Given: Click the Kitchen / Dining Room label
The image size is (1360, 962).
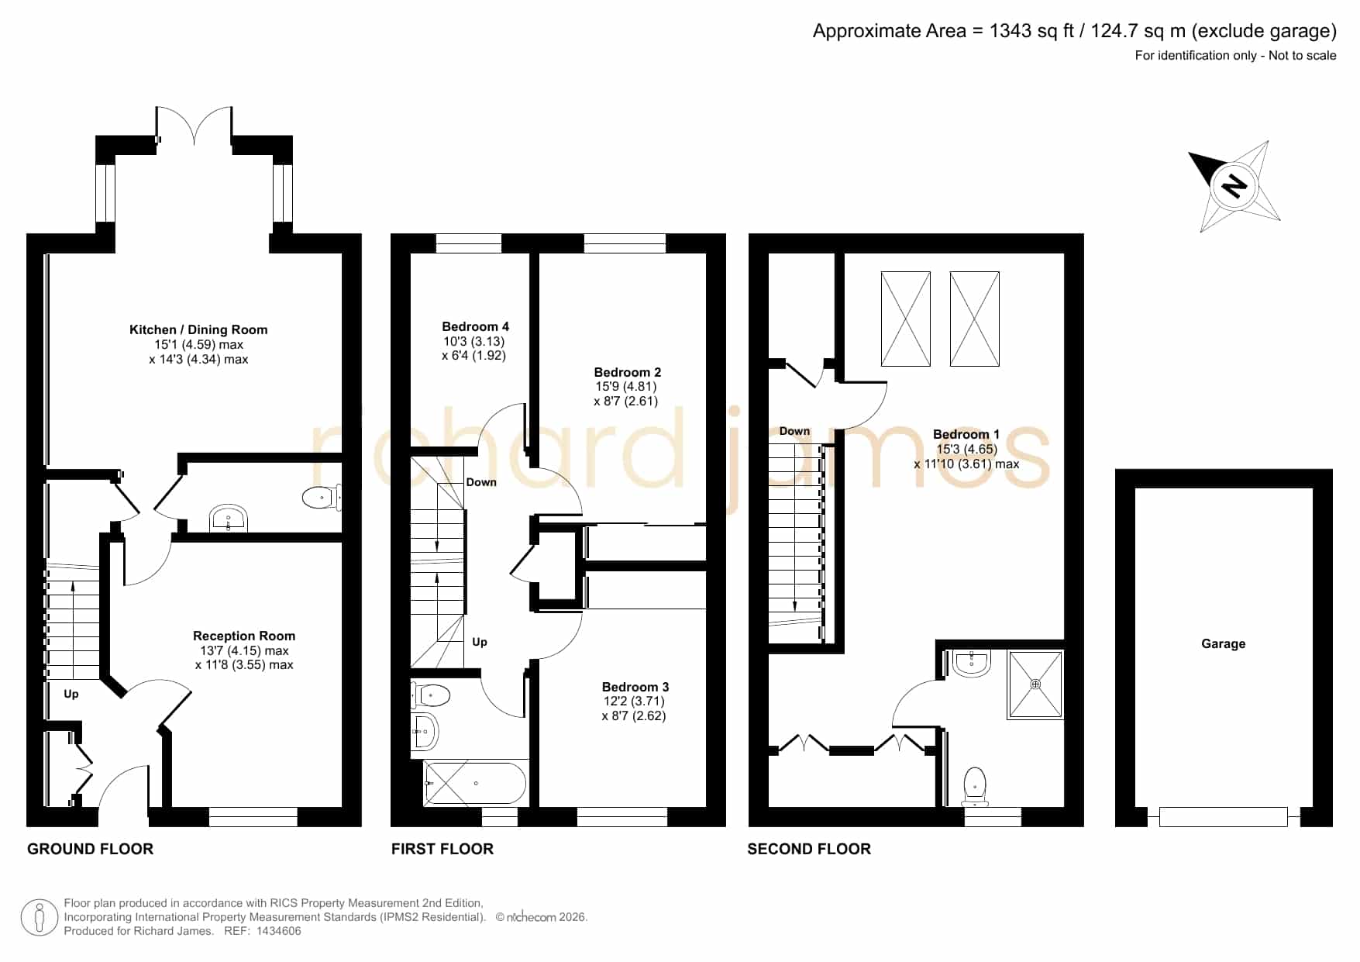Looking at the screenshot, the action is (198, 329).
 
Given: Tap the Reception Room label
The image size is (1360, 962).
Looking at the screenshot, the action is (244, 636).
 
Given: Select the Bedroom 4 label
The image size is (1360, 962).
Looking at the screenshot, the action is (475, 326).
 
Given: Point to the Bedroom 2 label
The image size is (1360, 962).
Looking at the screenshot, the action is (627, 372).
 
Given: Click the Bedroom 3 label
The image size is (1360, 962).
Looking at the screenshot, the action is (635, 687).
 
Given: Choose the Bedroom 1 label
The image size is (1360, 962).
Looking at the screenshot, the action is (966, 434).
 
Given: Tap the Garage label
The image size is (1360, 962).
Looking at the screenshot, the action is (1223, 643).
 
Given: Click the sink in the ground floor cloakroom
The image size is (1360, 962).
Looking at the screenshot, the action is (229, 519).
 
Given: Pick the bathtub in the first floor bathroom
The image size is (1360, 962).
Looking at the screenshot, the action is (475, 784).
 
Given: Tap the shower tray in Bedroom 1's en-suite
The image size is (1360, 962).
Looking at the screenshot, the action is (1035, 684).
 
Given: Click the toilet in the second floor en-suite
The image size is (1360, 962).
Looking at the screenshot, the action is (975, 786).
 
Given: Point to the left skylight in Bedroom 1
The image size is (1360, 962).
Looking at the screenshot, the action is (905, 319).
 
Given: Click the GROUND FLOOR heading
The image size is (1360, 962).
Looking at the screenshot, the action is (90, 849).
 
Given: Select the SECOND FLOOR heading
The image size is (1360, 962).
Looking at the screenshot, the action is (809, 849).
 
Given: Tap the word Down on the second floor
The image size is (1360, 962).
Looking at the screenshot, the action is (794, 431).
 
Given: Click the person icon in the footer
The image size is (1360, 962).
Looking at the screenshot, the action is (39, 918).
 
